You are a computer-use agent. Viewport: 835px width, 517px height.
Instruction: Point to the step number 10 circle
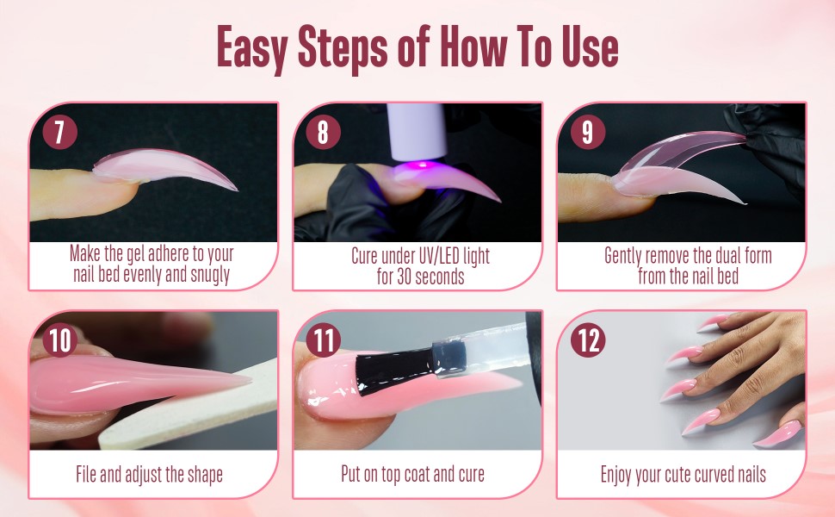click(59, 340)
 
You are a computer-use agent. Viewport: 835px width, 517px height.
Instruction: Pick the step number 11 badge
click(323, 340)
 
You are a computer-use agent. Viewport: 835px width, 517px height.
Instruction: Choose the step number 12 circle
click(587, 340)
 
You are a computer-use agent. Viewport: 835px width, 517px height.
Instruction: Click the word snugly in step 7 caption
click(206, 277)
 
